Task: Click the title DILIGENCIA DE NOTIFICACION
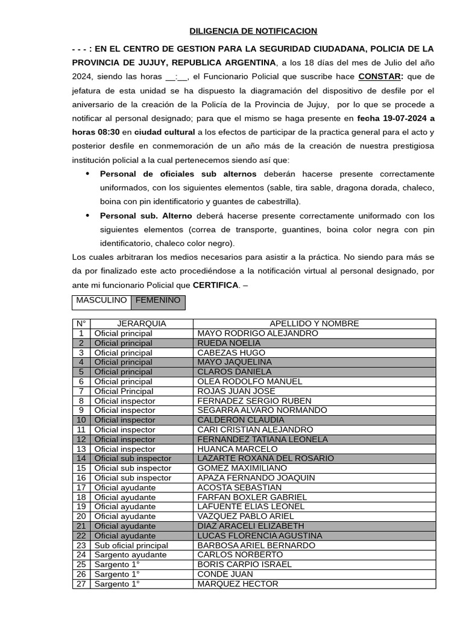click(253, 31)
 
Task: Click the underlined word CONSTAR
click(380, 77)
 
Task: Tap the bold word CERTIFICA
click(215, 284)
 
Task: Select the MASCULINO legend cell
click(101, 300)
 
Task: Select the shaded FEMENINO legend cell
click(157, 300)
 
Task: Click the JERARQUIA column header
click(141, 324)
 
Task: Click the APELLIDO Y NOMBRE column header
click(314, 324)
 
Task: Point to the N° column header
click(81, 324)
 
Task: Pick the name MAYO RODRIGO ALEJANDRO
click(257, 333)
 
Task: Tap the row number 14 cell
click(81, 459)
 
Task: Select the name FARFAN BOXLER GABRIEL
click(252, 497)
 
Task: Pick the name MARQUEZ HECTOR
click(238, 584)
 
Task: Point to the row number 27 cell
click(81, 584)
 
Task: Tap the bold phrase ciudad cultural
click(165, 132)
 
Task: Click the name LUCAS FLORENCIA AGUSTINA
click(260, 536)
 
